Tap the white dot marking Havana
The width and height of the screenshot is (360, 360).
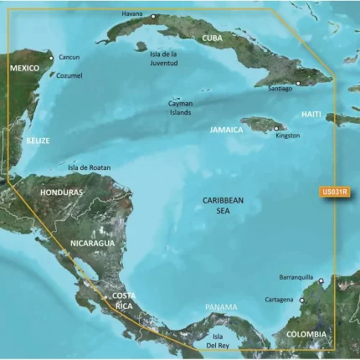pyautogui.click(x=153, y=16)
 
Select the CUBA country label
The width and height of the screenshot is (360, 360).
pyautogui.click(x=219, y=39)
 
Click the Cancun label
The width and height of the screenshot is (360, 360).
pyautogui.click(x=69, y=58)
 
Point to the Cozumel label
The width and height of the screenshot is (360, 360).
pyautogui.click(x=69, y=75)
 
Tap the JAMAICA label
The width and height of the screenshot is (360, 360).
pyautogui.click(x=226, y=130)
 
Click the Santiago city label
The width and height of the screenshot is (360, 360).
pyautogui.click(x=280, y=88)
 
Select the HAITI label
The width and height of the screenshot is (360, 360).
pyautogui.click(x=311, y=112)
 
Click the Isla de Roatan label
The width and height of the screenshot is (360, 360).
pyautogui.click(x=89, y=167)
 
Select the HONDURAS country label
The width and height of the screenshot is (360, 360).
pyautogui.click(x=61, y=193)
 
